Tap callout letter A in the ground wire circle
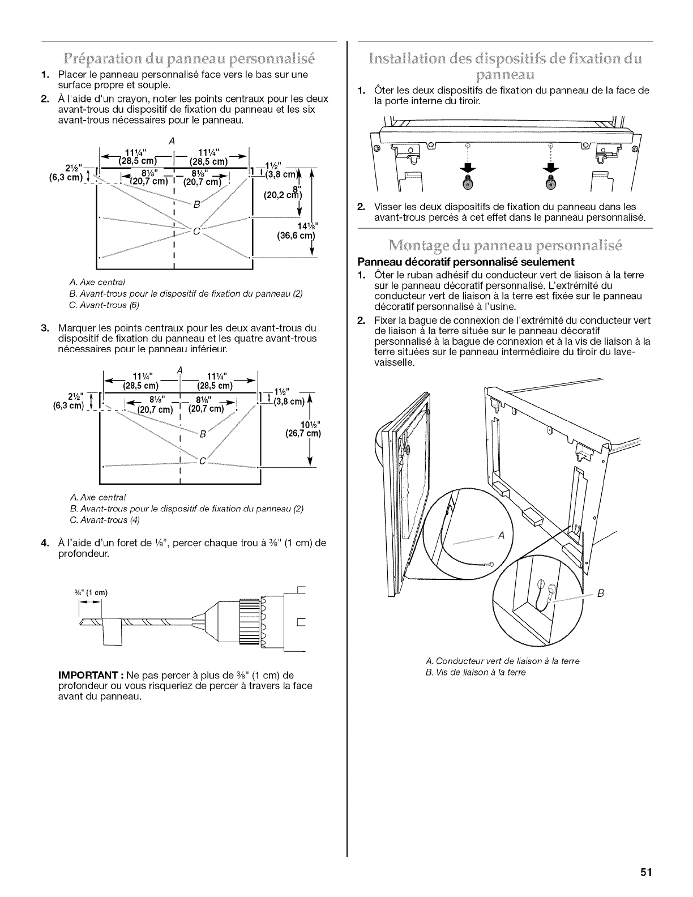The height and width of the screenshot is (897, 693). (500, 535)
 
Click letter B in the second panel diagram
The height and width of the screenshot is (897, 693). (201, 434)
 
